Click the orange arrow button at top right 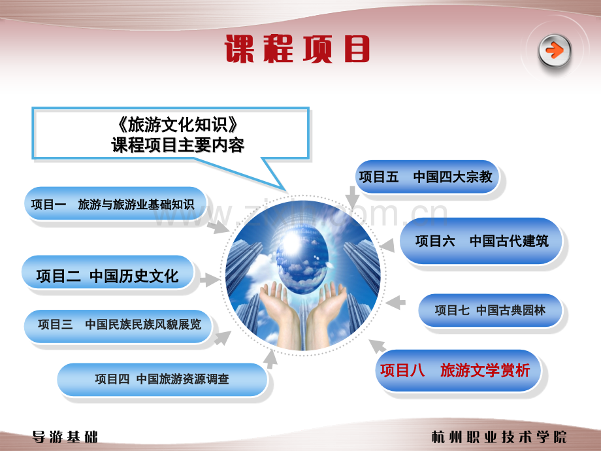[554, 50]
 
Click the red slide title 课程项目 [297, 49]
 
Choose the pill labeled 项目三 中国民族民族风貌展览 [118, 326]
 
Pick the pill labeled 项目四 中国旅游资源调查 [162, 380]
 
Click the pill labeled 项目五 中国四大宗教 [427, 176]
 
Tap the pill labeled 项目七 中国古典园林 [490, 310]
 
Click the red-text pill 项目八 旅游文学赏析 [458, 371]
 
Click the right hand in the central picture [326, 312]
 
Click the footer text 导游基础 [65, 437]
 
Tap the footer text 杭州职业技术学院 [499, 437]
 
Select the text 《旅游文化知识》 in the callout [178, 124]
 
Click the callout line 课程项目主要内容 [178, 145]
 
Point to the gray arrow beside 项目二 [210, 280]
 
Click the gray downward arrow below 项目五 [352, 197]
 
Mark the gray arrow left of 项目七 [396, 303]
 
